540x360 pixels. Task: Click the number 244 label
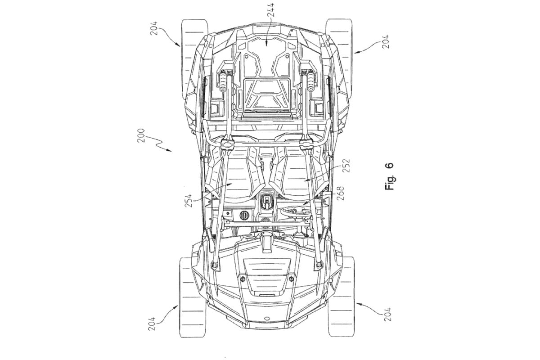tap(272, 9)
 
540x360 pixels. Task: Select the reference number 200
tap(141, 136)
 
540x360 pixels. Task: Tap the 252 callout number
tap(346, 165)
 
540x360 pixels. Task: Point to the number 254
tap(189, 200)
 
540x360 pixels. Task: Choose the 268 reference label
tap(341, 193)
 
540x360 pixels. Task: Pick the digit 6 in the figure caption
tap(389, 166)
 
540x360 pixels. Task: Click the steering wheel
tap(296, 212)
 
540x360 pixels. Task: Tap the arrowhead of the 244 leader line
tap(266, 44)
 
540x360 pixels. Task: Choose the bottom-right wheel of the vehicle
tap(341, 297)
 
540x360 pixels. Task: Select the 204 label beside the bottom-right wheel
tap(387, 314)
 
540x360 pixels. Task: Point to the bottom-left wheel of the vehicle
tap(193, 297)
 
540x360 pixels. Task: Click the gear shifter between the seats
tap(266, 201)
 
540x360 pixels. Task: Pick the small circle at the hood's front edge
tap(266, 319)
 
